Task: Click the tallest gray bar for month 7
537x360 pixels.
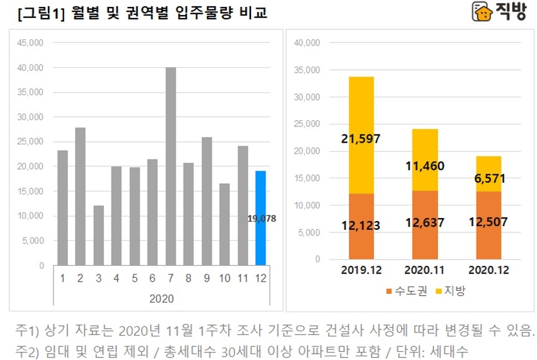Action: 170,166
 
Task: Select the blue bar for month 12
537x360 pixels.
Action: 260,218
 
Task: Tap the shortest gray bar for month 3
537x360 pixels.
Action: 98,235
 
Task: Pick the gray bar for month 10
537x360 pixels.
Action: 224,224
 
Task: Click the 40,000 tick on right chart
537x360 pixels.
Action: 307,43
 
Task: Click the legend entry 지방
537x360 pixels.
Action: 454,291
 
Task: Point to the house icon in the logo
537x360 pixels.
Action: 481,12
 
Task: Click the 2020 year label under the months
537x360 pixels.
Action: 161,298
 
